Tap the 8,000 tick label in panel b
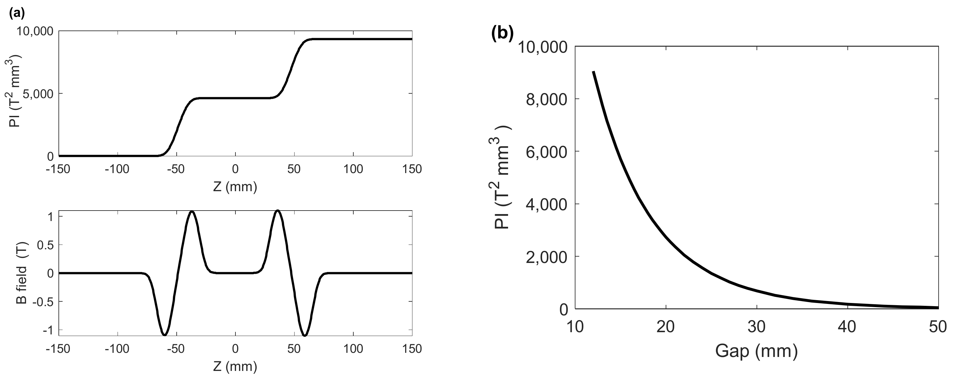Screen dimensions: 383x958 pos(547,99)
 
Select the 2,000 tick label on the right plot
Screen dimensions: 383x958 pos(547,257)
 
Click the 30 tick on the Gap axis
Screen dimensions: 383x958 pos(757,327)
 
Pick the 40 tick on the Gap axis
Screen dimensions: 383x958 pos(847,327)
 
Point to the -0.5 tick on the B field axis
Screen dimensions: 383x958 pos(43,302)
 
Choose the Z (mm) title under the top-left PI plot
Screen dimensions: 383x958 pos(235,187)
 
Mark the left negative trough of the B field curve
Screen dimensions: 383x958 pos(164,334)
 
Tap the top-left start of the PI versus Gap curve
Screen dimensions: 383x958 pos(594,72)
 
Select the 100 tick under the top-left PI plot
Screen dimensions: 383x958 pos(353,169)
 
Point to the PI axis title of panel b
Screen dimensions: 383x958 pos(502,178)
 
